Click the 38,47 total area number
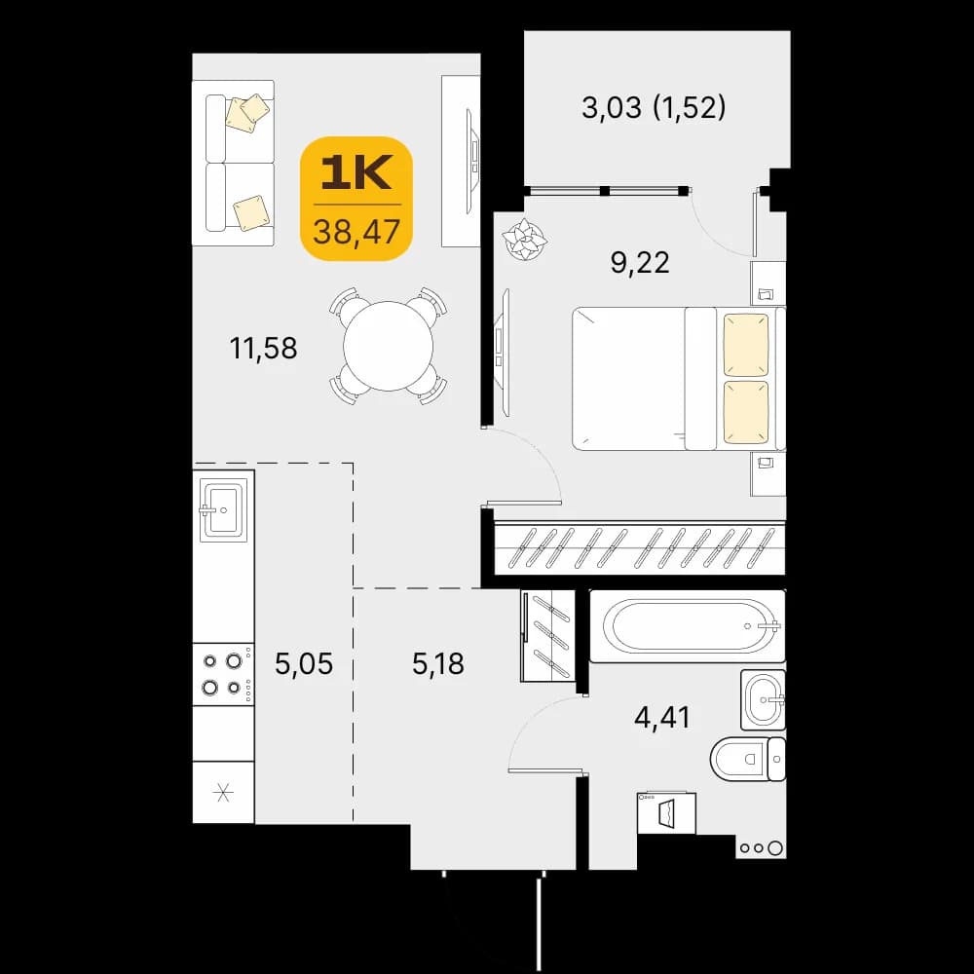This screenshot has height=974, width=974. pyautogui.click(x=356, y=232)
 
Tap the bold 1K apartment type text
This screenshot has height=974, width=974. pyautogui.click(x=356, y=172)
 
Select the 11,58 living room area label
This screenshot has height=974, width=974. pyautogui.click(x=263, y=348)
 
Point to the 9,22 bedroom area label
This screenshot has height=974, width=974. pyautogui.click(x=640, y=263)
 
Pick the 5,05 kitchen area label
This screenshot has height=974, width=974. pyautogui.click(x=304, y=663)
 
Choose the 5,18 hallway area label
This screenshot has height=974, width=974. pyautogui.click(x=438, y=663)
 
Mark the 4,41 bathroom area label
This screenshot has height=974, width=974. pyautogui.click(x=662, y=718)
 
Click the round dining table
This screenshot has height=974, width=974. pyautogui.click(x=389, y=346)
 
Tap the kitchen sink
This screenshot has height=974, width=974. pyautogui.click(x=222, y=509)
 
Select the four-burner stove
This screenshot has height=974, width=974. pyautogui.click(x=223, y=674)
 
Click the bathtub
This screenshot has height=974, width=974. pyautogui.click(x=687, y=626)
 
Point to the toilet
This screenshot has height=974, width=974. pyautogui.click(x=748, y=759)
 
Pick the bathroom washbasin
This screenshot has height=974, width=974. pyautogui.click(x=764, y=699)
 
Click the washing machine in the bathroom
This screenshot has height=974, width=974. pyautogui.click(x=666, y=812)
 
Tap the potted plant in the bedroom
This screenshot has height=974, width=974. pyautogui.click(x=525, y=240)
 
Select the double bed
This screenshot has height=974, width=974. pyautogui.click(x=679, y=378)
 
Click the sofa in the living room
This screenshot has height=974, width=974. pyautogui.click(x=233, y=163)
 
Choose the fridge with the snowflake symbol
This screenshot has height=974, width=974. pyautogui.click(x=223, y=793)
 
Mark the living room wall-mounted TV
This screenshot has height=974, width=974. pyautogui.click(x=472, y=162)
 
